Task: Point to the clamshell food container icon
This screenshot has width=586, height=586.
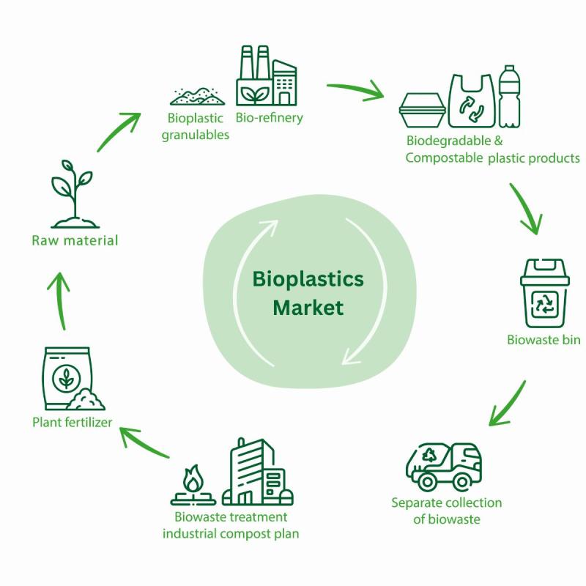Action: tap(423, 110)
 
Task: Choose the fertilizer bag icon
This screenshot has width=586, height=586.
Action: tap(68, 379)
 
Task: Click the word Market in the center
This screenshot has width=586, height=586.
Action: tap(308, 308)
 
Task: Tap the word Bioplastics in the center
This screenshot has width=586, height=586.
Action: tap(308, 279)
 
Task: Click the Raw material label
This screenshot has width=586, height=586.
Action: tap(75, 240)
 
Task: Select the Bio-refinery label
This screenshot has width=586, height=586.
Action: tap(269, 117)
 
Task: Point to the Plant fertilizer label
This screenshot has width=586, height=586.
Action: tap(72, 421)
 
